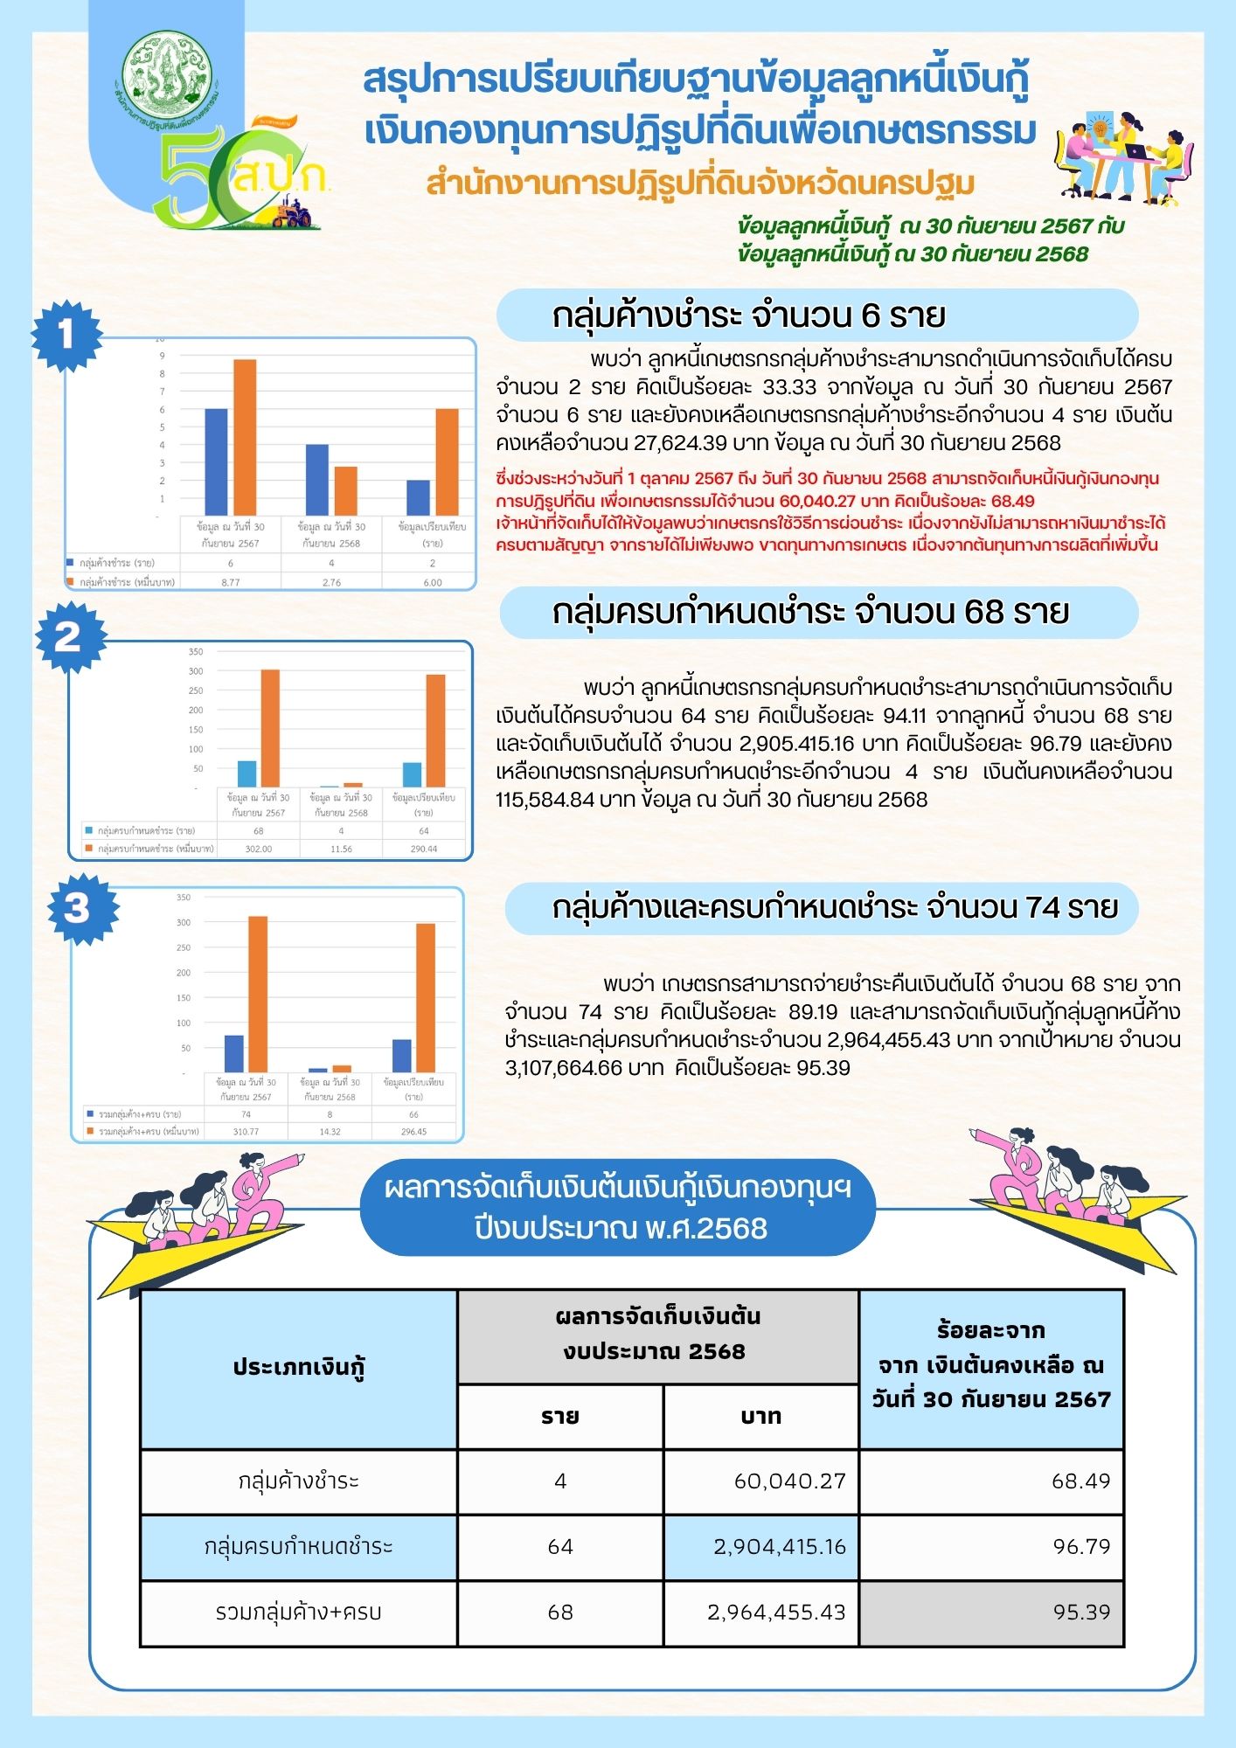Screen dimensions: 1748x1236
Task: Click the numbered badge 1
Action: coord(66,334)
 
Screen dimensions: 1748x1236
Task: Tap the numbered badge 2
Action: coord(69,636)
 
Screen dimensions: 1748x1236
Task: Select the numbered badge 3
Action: coord(77,909)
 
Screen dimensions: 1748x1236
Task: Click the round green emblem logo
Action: coord(166,74)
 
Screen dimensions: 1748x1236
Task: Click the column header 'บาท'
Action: coord(760,1417)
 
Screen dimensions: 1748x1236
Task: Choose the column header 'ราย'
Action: coord(560,1417)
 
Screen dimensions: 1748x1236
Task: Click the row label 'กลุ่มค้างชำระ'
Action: coord(299,1481)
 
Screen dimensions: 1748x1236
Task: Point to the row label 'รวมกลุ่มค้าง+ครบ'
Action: coord(299,1613)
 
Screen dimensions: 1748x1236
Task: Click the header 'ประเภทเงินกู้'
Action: coord(299,1368)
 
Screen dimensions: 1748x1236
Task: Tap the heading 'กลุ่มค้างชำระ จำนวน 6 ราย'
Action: coord(748,315)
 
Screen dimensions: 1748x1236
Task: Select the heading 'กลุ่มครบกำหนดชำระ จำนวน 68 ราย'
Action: coord(810,612)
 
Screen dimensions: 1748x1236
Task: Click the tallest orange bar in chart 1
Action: coord(245,437)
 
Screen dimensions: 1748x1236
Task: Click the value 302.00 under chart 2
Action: coord(259,849)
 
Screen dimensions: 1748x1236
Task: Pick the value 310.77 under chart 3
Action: coord(246,1131)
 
